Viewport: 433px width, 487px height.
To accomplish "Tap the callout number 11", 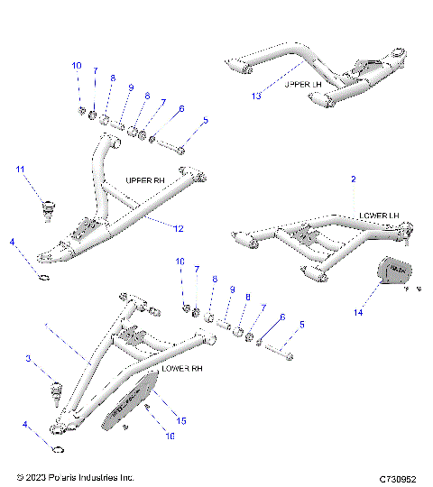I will pos(20,170).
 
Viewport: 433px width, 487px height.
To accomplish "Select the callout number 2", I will pos(353,179).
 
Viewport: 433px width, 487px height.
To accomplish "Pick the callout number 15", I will pos(181,421).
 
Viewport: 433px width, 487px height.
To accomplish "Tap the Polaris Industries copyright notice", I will pos(75,476).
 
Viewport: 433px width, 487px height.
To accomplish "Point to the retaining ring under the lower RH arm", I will pos(56,451).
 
